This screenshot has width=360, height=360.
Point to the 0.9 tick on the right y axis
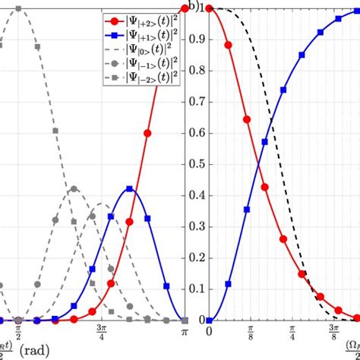(197, 39)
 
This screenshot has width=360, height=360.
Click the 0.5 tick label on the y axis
(197, 164)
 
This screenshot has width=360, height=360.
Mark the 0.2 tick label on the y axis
(197, 257)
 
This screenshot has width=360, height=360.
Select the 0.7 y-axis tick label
(197, 102)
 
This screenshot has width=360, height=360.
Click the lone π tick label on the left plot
(183, 331)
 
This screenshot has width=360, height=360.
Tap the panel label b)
(194, 7)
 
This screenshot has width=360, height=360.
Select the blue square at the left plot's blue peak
(130, 188)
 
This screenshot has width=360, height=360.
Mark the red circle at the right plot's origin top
(209, 8)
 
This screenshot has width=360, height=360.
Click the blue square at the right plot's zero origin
(209, 320)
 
